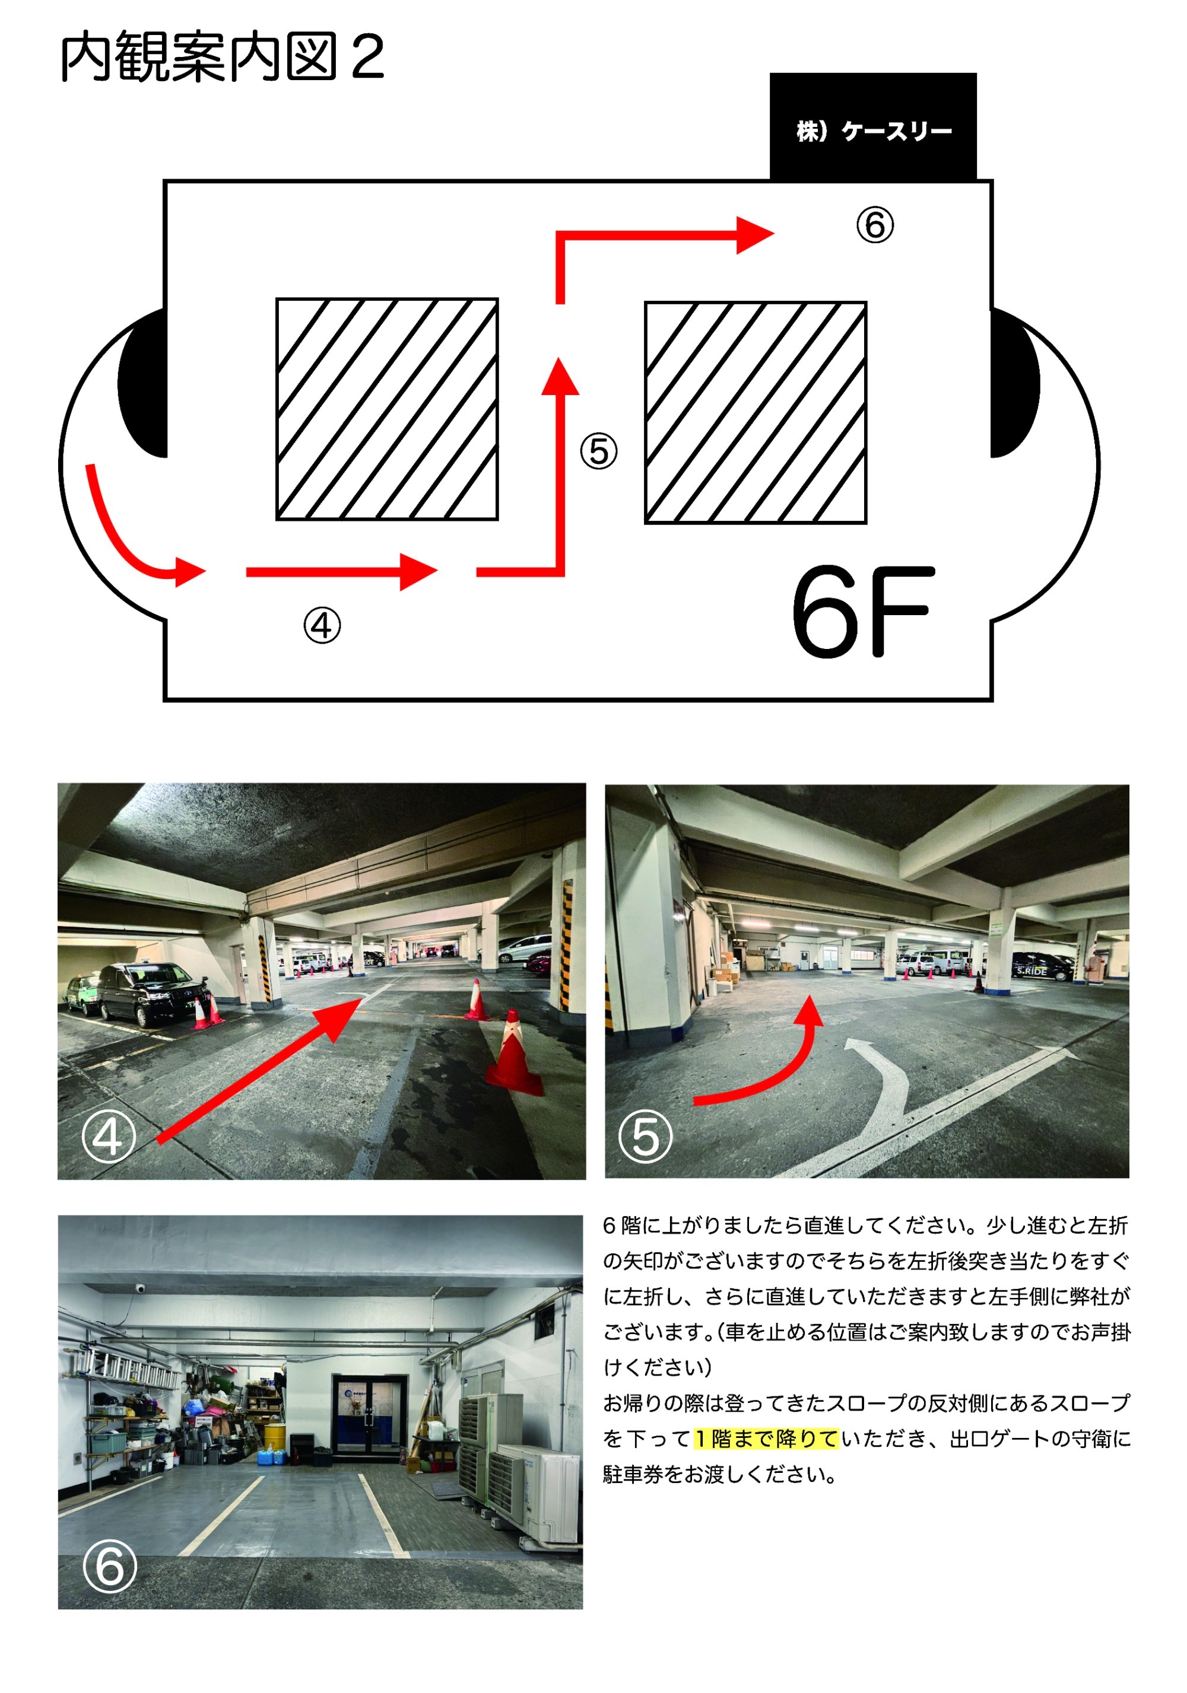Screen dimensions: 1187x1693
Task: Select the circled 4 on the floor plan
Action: [322, 625]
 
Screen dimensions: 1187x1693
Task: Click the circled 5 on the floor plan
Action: [598, 451]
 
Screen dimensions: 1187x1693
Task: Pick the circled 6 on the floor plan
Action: [875, 224]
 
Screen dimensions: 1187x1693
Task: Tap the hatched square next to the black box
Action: [756, 413]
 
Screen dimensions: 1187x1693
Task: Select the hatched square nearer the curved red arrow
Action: [388, 409]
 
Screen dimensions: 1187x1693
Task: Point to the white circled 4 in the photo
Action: [109, 1137]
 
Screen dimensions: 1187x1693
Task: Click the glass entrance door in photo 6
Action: [369, 1414]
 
